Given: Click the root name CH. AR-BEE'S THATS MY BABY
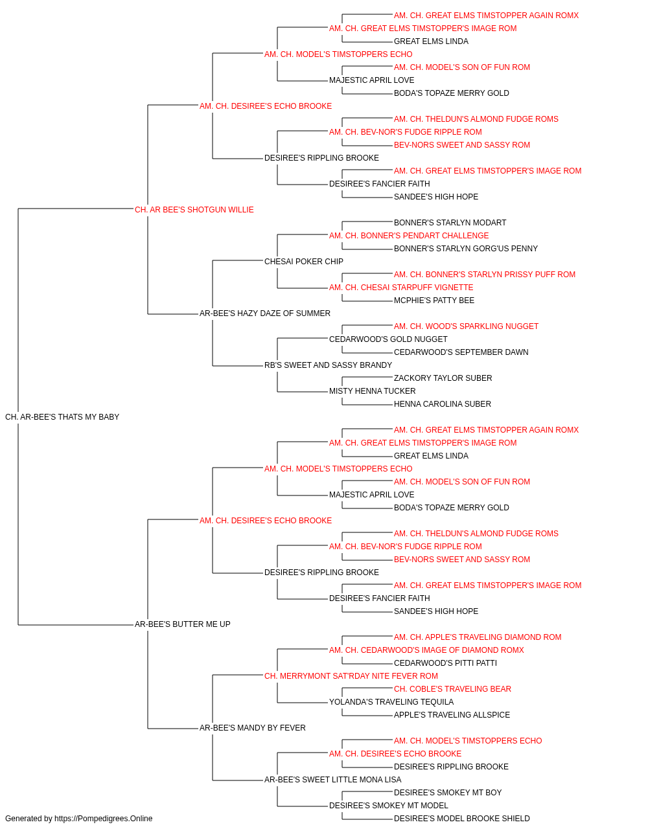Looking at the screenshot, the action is pos(62,417).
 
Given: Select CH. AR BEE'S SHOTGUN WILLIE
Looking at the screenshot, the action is pos(194,210).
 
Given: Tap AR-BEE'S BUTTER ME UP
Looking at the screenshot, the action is pos(183,624).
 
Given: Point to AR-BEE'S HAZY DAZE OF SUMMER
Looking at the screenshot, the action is pos(265,313).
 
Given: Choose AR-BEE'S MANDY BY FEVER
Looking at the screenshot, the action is pos(252,728).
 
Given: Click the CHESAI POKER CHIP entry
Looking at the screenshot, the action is pos(304,262).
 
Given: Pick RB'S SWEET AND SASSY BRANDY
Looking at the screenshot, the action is pos(328,365).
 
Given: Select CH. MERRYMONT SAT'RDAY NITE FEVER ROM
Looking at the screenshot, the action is pos(351,676).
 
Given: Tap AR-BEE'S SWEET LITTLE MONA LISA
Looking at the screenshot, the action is pos(333,780).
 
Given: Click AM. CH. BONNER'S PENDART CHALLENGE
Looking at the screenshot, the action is pos(409,236).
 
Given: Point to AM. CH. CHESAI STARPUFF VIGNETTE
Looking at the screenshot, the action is pos(401,288).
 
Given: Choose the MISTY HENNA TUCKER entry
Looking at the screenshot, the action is pos(373,391).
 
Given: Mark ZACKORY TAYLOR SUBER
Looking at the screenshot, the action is pos(443,378).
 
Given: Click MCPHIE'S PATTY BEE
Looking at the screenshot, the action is pos(434,301).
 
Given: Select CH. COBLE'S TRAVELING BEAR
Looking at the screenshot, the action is pos(452,689).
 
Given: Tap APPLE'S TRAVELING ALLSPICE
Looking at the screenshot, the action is pos(452,715).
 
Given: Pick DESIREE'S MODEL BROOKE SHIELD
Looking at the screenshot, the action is pos(462,819).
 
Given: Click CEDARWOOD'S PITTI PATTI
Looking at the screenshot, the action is pos(445,663).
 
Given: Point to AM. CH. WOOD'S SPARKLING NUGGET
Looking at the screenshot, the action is pos(466,326).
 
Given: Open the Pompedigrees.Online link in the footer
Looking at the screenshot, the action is pos(103,819).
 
